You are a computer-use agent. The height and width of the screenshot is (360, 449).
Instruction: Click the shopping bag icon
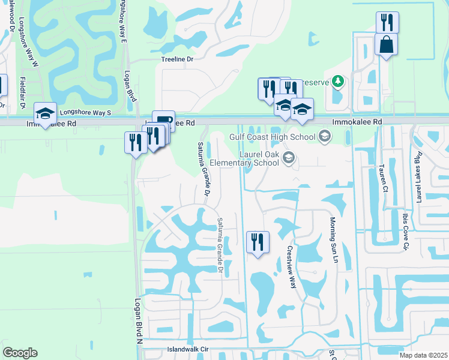click(387, 44)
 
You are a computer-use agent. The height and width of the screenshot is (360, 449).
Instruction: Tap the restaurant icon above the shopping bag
click(387, 23)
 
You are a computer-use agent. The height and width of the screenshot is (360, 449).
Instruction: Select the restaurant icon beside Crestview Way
click(258, 242)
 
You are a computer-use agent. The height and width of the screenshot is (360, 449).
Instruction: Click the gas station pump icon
click(164, 121)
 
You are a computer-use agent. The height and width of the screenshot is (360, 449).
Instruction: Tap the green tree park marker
click(338, 81)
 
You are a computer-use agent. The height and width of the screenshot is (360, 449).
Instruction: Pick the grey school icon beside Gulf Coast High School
click(325, 137)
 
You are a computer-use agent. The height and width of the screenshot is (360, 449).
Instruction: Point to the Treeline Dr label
click(177, 59)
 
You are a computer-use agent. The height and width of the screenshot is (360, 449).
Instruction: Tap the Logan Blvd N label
click(137, 322)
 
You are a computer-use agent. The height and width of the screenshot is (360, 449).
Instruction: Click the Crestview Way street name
click(292, 267)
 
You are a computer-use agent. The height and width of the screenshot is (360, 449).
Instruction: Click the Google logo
click(20, 353)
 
